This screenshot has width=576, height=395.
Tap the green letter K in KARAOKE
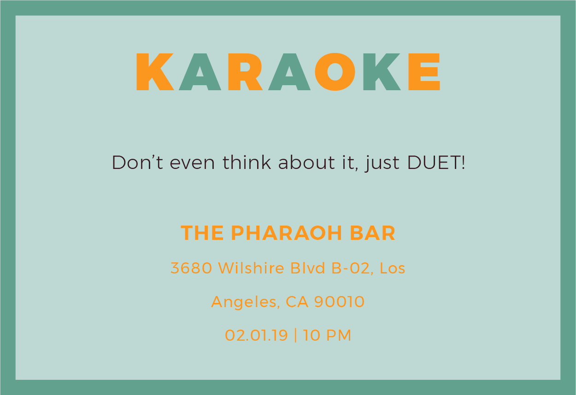pos(382,72)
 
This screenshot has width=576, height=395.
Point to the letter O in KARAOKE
pos(335,72)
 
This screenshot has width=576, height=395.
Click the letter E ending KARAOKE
pos(424,72)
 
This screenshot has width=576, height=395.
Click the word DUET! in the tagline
pos(436,163)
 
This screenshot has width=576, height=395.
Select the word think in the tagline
pos(247,163)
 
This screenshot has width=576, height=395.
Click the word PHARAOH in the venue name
pos(286,233)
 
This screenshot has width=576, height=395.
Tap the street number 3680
pos(191,268)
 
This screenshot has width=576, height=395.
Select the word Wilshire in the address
pos(251,268)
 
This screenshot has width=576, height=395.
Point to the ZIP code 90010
pos(340,302)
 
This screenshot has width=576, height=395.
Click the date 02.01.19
pos(256,335)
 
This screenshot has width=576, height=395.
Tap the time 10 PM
pos(327,335)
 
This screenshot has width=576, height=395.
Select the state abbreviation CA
pos(297,302)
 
